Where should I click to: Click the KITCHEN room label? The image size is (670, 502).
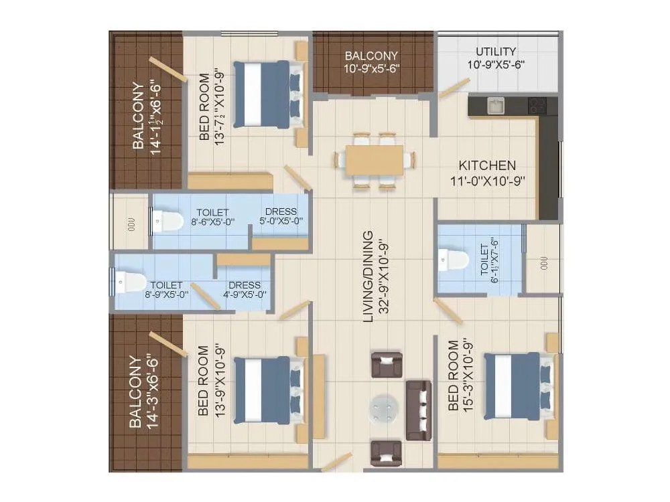(x=487, y=165)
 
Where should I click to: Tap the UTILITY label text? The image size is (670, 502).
(x=496, y=52)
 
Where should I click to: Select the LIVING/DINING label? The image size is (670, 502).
(x=368, y=277)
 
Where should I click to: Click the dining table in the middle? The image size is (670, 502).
(x=375, y=161)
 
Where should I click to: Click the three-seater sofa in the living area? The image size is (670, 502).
(x=418, y=410)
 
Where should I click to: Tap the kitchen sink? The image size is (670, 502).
(x=495, y=106)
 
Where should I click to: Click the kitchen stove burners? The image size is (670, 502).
(x=537, y=105)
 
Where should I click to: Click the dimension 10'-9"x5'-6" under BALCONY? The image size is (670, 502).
(x=371, y=68)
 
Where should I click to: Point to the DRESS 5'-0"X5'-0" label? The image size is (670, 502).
(x=281, y=216)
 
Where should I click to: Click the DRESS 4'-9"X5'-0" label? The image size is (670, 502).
(x=245, y=289)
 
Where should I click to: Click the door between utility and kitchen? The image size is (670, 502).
(x=455, y=88)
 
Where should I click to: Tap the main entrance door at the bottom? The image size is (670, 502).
(x=337, y=461)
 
